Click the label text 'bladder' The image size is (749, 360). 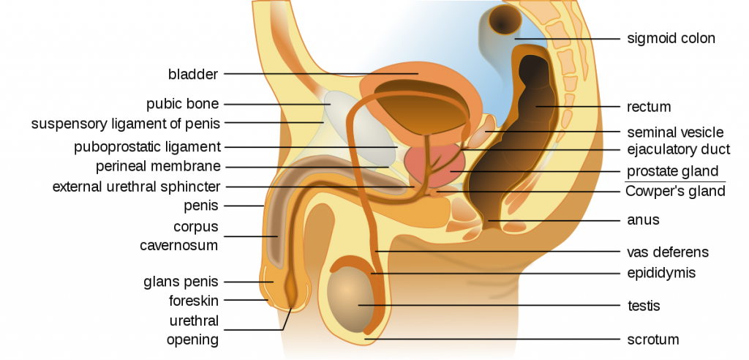point(193,74)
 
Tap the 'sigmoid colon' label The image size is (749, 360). point(671,38)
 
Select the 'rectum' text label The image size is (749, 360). point(649,107)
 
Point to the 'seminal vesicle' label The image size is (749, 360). point(675,132)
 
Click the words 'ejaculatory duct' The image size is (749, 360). point(679,150)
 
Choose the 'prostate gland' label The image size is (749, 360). point(673,171)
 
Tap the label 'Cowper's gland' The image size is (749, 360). point(675,191)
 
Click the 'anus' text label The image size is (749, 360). point(643,220)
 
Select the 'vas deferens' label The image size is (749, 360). point(668,252)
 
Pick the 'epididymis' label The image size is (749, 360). point(661,273)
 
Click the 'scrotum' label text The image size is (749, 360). point(652,340)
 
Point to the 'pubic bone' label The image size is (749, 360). point(182,104)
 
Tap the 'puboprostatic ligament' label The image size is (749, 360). point(147,147)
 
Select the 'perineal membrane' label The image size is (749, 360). point(158,167)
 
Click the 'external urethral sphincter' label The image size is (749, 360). point(137,187)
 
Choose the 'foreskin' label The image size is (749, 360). point(193,301)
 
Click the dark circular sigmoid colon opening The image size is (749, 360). point(505,20)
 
